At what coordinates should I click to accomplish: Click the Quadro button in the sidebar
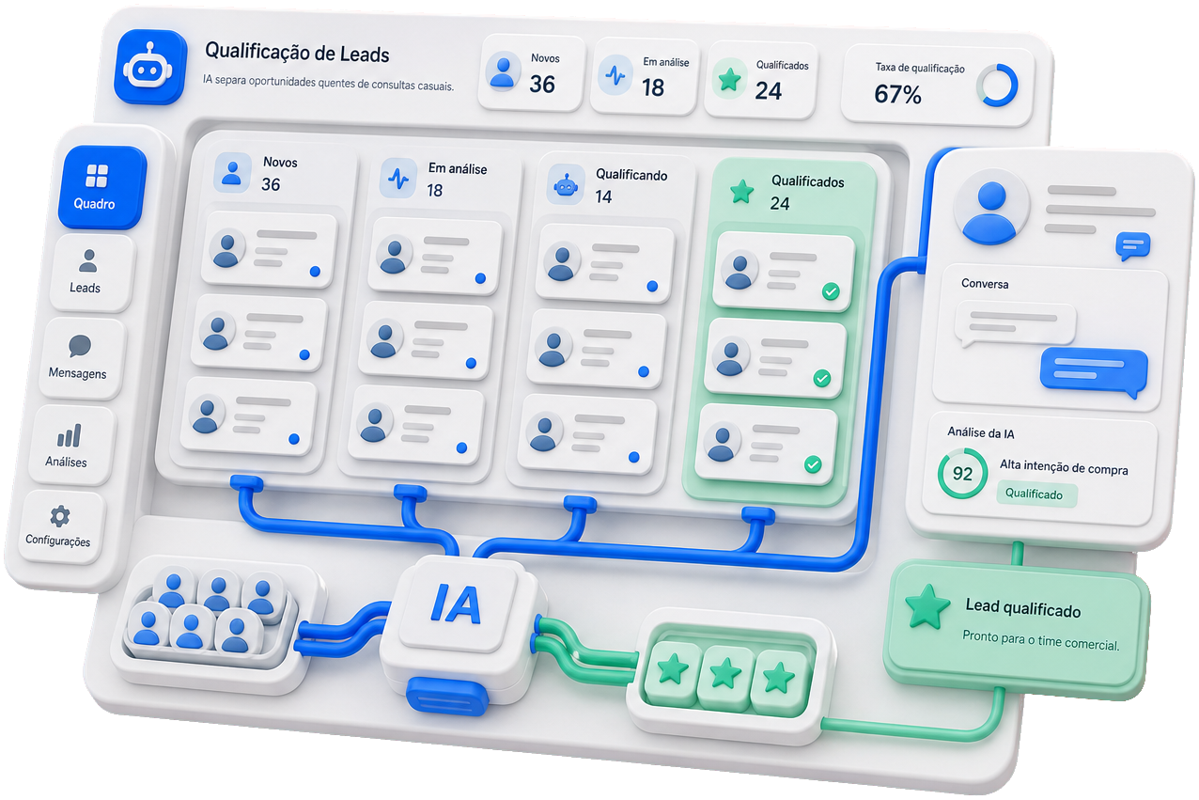click(x=101, y=187)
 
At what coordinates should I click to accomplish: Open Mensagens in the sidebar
click(x=80, y=358)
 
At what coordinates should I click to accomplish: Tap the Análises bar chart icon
click(x=70, y=435)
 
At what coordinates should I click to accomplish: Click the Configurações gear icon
click(x=60, y=516)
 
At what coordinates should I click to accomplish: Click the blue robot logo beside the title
click(x=150, y=67)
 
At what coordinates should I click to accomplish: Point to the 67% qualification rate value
click(x=897, y=94)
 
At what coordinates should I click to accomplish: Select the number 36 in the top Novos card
click(x=541, y=84)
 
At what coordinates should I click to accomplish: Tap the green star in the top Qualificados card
click(x=729, y=80)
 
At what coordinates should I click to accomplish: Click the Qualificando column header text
click(x=631, y=175)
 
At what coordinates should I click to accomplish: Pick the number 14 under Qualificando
click(x=603, y=197)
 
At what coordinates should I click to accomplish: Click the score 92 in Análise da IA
click(x=962, y=474)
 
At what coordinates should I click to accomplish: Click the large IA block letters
click(x=456, y=604)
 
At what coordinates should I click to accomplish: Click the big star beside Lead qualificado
click(x=927, y=606)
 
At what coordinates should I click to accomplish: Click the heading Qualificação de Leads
click(x=297, y=53)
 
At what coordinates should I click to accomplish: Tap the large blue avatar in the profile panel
click(x=991, y=212)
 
